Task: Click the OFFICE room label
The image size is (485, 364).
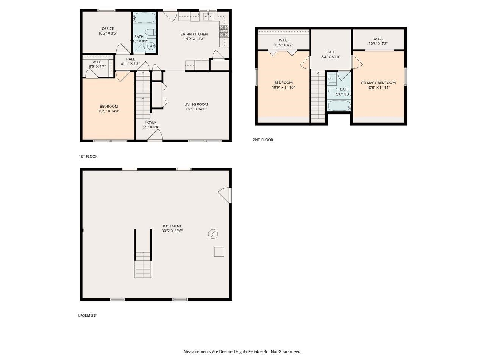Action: coord(108,28)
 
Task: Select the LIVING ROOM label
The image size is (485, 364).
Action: coord(196,104)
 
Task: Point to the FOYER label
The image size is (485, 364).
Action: coord(151,122)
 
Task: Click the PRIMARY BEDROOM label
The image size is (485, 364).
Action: coord(378,83)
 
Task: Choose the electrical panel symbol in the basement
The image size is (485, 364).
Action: coord(213,234)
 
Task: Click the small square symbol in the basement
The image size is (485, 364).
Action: coord(219,252)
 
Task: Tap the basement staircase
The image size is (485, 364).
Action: coord(143,265)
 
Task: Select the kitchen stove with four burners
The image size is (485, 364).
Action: coord(224,31)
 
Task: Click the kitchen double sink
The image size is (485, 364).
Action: coord(208,16)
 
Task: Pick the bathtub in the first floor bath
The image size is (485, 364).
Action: coord(144,18)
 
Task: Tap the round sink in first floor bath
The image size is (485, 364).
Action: coord(152,47)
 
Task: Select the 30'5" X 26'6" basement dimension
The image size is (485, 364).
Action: coord(172,231)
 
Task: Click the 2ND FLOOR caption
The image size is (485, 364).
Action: coord(263,140)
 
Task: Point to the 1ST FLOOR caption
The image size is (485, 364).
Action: coord(88,157)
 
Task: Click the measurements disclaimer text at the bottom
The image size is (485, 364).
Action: coord(242,351)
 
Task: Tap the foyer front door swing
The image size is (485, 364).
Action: coord(156,135)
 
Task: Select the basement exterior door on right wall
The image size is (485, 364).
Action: coord(225,195)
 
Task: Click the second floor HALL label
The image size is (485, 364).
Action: coord(331,52)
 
